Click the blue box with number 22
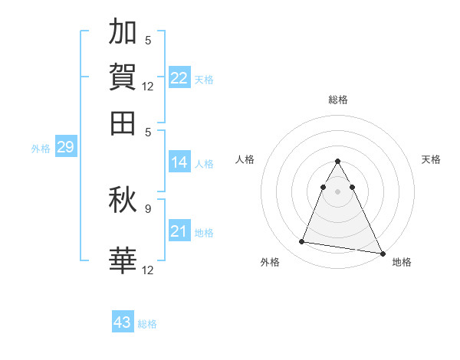pyautogui.click(x=179, y=78)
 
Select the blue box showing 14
pyautogui.click(x=179, y=162)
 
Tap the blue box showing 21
pyautogui.click(x=179, y=231)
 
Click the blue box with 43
pyautogui.click(x=123, y=322)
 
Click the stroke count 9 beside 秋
pyautogui.click(x=148, y=207)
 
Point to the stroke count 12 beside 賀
pyautogui.click(x=148, y=86)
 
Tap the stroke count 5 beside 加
pyautogui.click(x=148, y=40)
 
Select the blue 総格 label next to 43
pyautogui.click(x=147, y=324)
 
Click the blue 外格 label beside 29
pyautogui.click(x=41, y=149)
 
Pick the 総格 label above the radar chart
pyautogui.click(x=337, y=100)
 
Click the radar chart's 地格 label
pyautogui.click(x=402, y=263)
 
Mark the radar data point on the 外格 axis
pyautogui.click(x=302, y=242)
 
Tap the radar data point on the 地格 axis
pyautogui.click(x=382, y=252)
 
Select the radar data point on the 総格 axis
pyautogui.click(x=337, y=162)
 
